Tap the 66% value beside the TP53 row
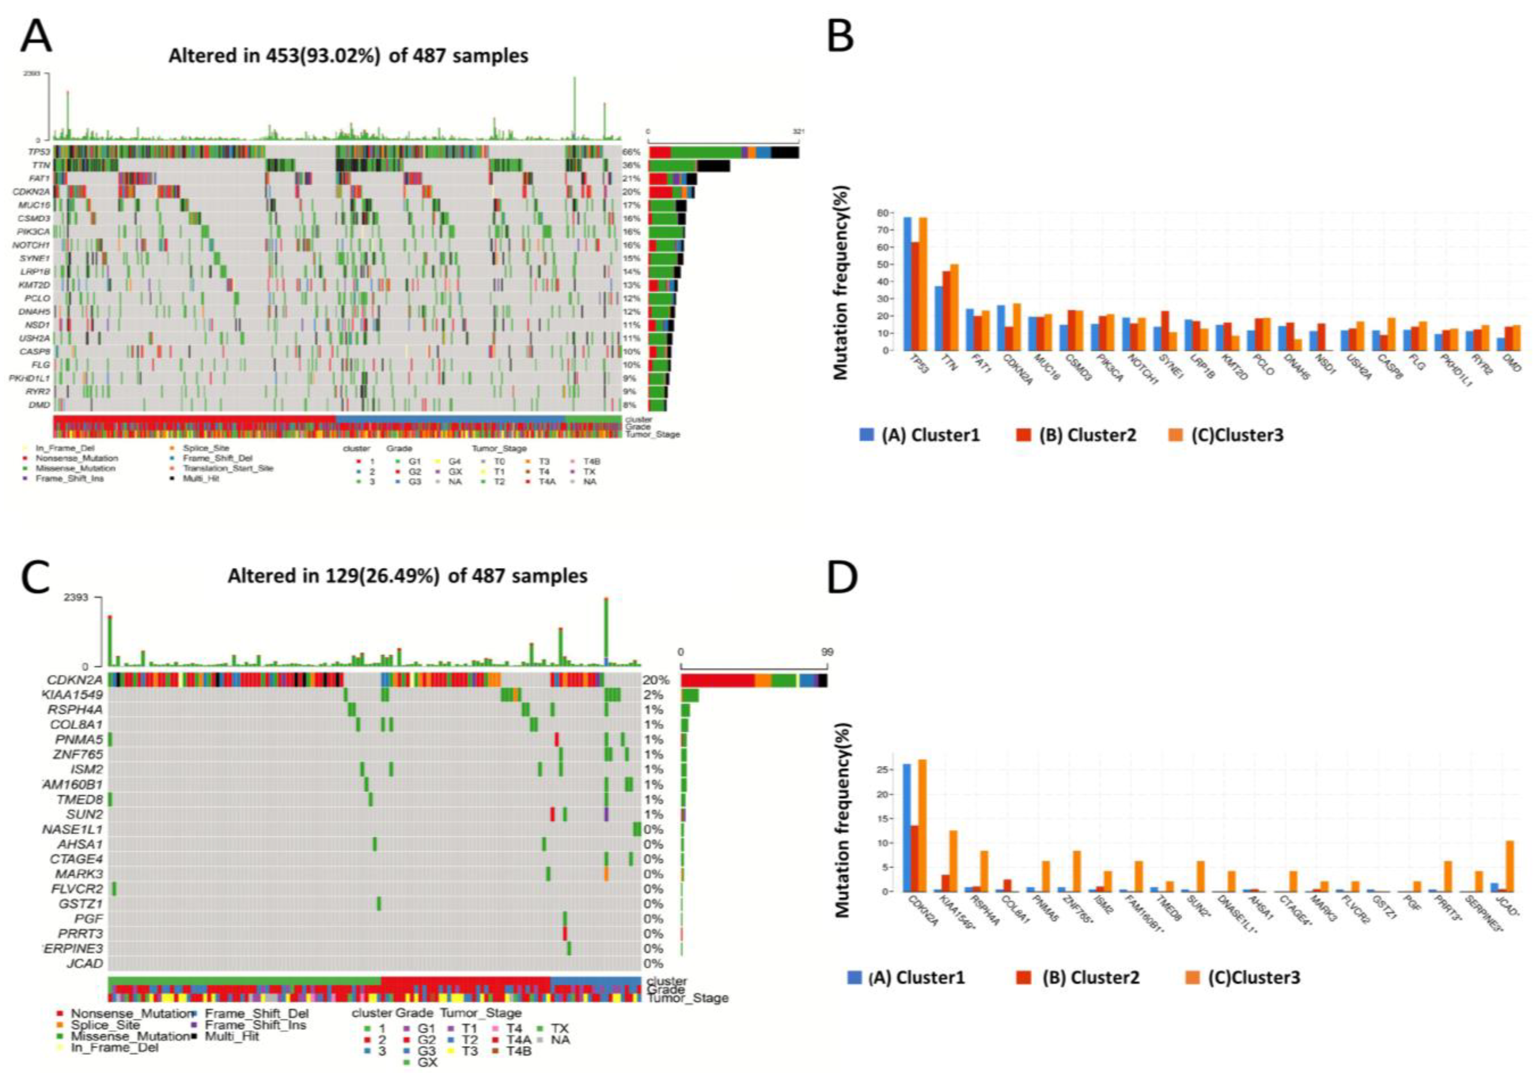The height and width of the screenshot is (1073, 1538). click(631, 152)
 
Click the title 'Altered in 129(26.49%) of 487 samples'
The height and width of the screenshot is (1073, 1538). click(407, 576)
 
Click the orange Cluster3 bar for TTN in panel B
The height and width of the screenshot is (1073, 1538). click(954, 307)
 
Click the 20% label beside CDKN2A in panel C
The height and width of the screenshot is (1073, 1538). click(656, 680)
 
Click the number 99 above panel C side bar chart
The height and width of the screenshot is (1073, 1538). click(827, 652)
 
